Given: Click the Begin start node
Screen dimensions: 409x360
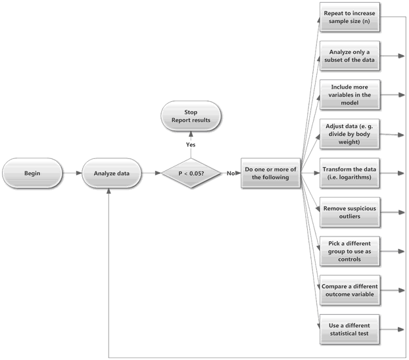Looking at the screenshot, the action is point(32,173).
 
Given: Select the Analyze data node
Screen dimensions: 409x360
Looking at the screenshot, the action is point(112,173).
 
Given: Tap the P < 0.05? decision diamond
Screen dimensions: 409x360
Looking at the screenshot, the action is point(191,173).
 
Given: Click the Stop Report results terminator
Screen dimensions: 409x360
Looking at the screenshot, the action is point(191,116).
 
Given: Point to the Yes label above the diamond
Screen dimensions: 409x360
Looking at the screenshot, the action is point(191,145).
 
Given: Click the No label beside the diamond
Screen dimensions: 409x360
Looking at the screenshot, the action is point(231,173).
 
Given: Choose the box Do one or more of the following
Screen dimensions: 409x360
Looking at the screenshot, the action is point(270,173).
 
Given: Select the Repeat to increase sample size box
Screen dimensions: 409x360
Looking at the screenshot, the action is point(350,17).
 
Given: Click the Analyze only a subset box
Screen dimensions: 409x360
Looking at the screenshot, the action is point(350,56).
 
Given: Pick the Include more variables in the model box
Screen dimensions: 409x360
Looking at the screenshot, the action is point(350,95).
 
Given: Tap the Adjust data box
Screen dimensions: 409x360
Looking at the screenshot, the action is point(350,134).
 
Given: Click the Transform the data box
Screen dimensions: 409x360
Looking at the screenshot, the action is point(350,173).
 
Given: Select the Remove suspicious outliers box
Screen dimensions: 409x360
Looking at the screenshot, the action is point(350,212).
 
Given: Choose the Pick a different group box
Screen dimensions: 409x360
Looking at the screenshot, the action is point(350,252).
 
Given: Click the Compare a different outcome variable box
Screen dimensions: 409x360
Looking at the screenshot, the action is point(350,290).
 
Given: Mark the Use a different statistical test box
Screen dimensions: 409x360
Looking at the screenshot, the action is point(350,329).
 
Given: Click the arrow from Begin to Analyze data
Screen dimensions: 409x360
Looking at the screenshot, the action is point(72,173).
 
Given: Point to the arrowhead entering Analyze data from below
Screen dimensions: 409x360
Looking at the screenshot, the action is point(108,191).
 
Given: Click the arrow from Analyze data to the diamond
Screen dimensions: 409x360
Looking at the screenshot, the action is point(151,173).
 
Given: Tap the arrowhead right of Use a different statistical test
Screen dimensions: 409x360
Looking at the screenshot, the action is point(401,330).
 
